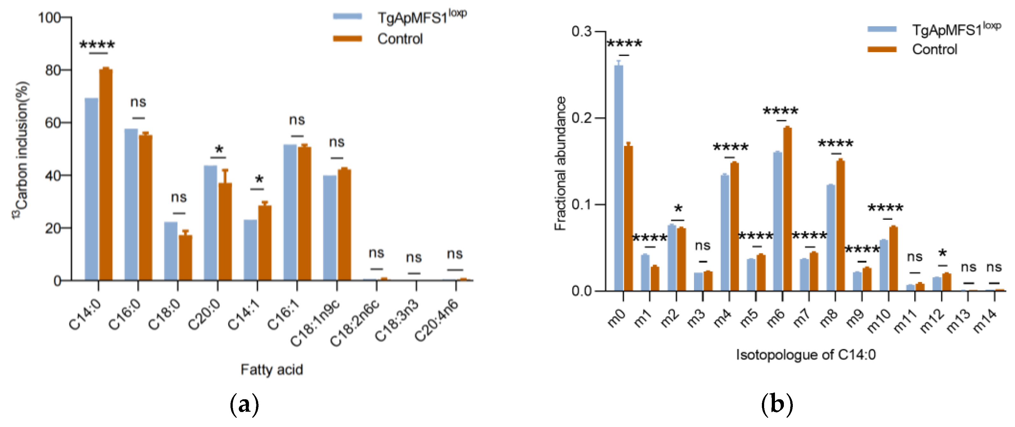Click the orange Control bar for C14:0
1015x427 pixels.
coord(106,175)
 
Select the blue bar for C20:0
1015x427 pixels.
coord(210,223)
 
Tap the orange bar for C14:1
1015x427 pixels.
coord(265,242)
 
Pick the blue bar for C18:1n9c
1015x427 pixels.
coord(330,228)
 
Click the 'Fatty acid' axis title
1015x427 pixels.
coord(272,369)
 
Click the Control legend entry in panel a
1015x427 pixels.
coord(399,39)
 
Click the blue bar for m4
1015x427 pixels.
coord(725,232)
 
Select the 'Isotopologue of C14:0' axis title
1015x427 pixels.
coord(806,355)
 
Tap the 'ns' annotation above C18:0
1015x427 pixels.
coord(179,197)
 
